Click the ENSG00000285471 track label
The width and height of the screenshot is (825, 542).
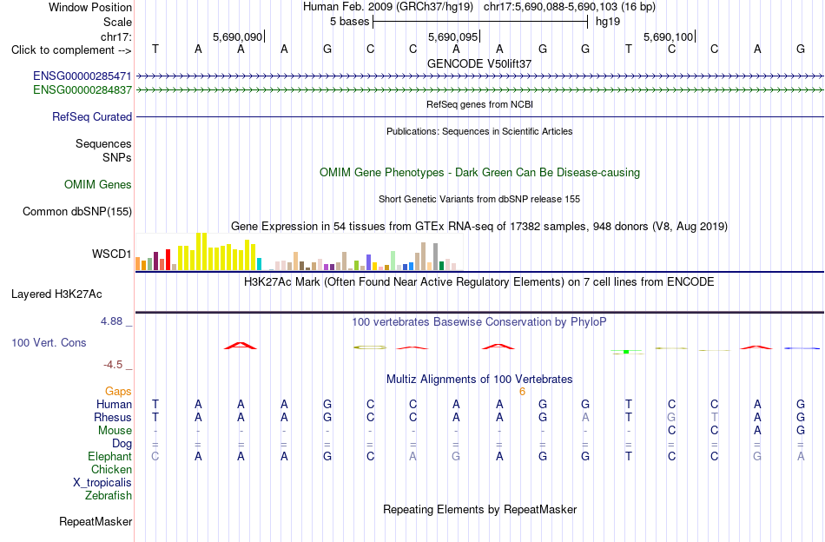coord(82,76)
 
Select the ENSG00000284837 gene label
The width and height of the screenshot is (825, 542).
coord(82,90)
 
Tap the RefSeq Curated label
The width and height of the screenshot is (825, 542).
coord(92,116)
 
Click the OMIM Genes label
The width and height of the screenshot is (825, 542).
coord(98,185)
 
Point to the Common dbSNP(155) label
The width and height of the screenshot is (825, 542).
coord(77,212)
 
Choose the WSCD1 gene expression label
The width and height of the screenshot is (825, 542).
coord(111,254)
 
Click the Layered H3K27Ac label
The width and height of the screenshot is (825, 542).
coord(56,294)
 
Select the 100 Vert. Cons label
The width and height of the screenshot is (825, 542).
coord(49,342)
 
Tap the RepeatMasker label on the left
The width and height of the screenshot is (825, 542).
coord(96,521)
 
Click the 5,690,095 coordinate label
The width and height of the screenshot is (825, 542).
coord(452,36)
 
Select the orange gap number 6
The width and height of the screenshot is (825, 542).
coord(522,392)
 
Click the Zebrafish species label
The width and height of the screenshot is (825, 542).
coord(109,496)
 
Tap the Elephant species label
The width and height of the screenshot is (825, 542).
coord(110,457)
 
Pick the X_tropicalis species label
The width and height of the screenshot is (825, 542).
coord(102,483)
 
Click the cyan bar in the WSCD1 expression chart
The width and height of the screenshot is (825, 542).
coord(259,264)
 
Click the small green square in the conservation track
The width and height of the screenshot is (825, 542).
coord(626,352)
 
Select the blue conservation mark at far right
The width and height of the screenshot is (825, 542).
coord(802,348)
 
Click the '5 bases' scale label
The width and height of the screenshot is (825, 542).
coord(349,22)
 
